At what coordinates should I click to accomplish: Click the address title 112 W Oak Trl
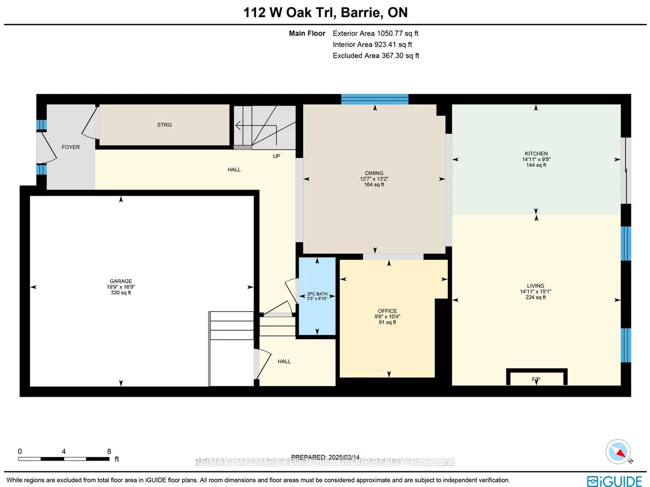tap(325, 13)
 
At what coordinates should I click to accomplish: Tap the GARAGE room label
tap(121, 281)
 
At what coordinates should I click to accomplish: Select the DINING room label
tap(374, 173)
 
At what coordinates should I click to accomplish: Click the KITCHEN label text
tap(536, 154)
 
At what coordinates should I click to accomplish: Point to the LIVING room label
tap(535, 286)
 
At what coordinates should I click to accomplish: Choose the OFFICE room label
tap(387, 311)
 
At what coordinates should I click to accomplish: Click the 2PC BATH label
tap(317, 294)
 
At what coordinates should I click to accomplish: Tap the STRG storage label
tap(164, 125)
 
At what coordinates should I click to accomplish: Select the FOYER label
tap(70, 147)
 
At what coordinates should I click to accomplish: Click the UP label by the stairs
tap(276, 156)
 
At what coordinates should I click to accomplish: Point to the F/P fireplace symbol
tap(536, 379)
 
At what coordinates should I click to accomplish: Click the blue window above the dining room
tap(374, 99)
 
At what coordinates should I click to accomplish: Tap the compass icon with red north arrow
tap(618, 451)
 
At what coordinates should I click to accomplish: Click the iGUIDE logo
tap(614, 481)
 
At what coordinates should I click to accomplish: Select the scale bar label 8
tap(109, 451)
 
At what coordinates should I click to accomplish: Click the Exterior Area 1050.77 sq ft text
tap(375, 34)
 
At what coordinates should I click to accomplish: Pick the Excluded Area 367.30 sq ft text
tap(376, 56)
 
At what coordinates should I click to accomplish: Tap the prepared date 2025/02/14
tap(343, 457)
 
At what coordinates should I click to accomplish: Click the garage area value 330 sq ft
tap(121, 293)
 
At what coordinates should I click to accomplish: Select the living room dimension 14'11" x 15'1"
tap(535, 292)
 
